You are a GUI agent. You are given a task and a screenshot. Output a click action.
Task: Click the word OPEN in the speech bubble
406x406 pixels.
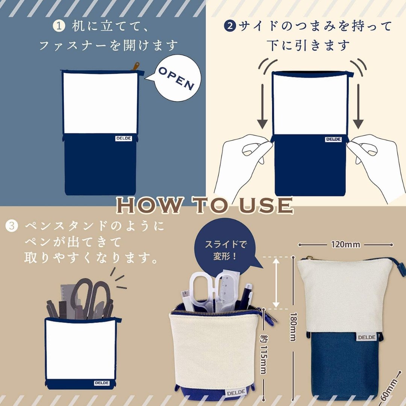176,78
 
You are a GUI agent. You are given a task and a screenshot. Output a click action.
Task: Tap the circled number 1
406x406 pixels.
59,26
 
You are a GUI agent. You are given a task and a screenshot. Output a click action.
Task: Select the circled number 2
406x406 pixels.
230,26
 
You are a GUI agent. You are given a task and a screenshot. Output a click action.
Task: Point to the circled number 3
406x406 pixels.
12,226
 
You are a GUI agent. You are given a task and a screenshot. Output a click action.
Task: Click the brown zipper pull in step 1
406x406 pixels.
135,66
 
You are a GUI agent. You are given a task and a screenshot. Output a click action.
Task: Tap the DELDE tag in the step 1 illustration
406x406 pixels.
124,138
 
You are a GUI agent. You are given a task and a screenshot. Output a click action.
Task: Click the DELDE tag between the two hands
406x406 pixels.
333,139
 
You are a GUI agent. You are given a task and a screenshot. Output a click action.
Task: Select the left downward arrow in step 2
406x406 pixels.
262,106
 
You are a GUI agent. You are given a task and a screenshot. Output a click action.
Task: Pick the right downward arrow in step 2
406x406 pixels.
358,106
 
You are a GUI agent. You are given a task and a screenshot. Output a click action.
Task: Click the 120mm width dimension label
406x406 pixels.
345,244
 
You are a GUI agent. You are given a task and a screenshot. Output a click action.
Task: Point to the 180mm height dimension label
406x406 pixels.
293,327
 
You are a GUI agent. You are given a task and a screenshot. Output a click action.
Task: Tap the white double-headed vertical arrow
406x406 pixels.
276,283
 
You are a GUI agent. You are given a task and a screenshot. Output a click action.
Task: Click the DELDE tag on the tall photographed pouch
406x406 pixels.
367,337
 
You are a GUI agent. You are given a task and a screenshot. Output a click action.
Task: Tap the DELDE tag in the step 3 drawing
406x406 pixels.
102,383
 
